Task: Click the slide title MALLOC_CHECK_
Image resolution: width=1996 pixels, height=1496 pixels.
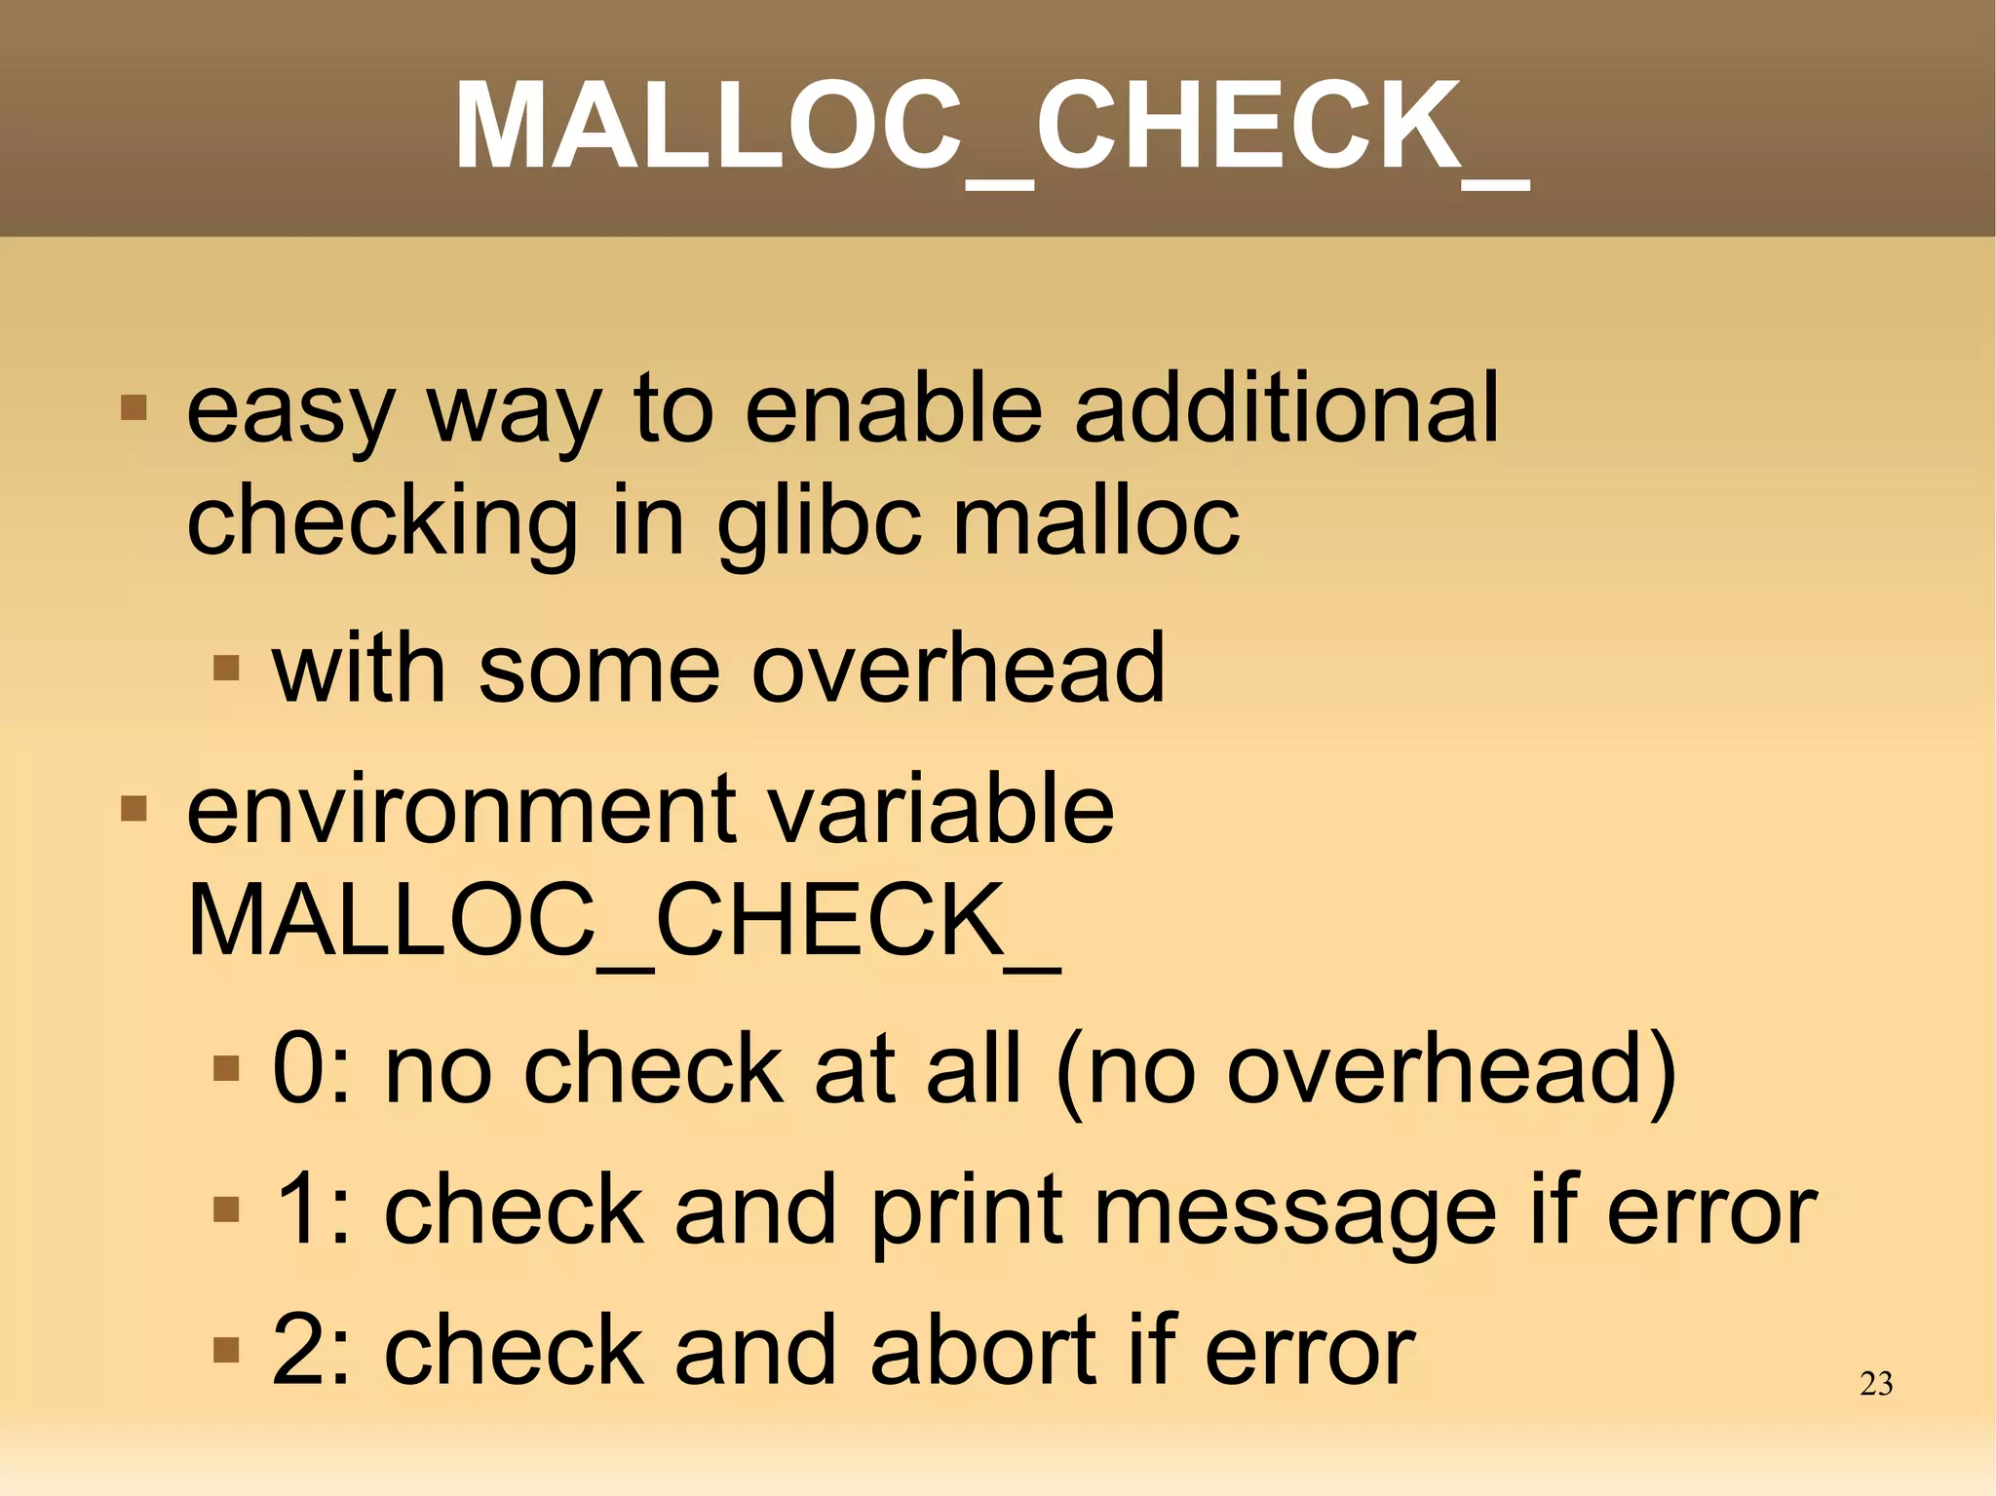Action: point(990,127)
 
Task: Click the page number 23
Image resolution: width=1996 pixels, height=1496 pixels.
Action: point(1875,1384)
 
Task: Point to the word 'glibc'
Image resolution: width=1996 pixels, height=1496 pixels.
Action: point(819,524)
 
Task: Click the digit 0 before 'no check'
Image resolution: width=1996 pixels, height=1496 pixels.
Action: point(298,1069)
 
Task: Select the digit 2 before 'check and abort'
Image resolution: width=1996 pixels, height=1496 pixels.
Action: point(298,1351)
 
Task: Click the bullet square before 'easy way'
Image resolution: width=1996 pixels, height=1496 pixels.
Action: point(134,407)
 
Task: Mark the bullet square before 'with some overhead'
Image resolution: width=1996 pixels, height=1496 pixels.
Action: point(226,668)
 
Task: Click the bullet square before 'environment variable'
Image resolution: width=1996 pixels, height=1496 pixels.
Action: point(134,809)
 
